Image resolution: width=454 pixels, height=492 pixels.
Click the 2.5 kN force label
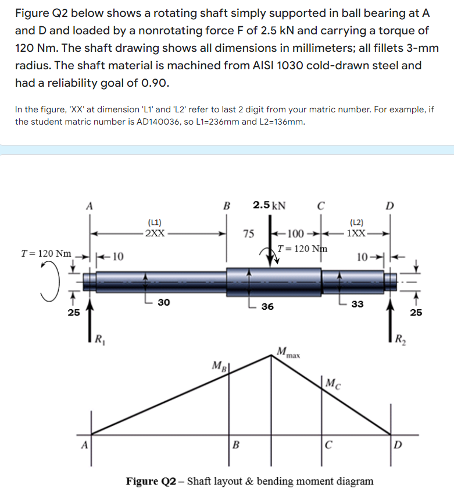tap(269, 205)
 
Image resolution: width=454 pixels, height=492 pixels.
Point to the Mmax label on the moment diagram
tap(288, 352)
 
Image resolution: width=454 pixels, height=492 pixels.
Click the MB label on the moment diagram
tap(219, 367)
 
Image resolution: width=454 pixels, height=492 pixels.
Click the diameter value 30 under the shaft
tap(165, 302)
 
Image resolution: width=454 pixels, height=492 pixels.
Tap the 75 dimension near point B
tap(248, 234)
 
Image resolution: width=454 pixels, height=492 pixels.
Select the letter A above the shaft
tap(89, 205)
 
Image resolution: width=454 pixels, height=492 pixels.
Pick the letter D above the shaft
tap(390, 205)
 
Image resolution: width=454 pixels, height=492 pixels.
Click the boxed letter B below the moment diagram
tap(235, 447)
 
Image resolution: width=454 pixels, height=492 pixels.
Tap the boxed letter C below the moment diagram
tap(329, 447)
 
